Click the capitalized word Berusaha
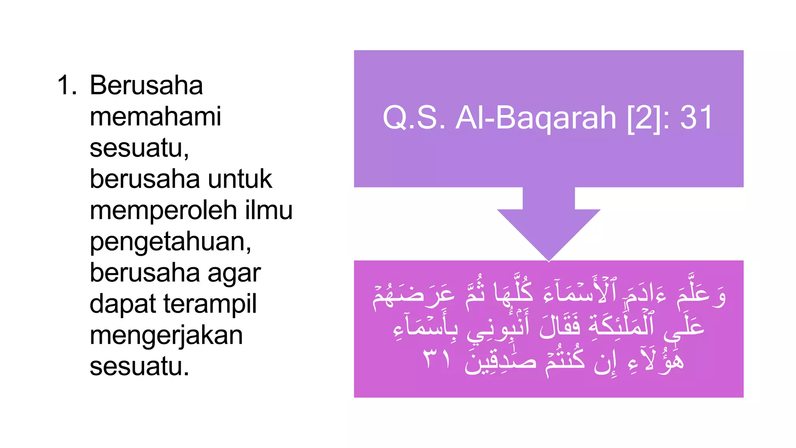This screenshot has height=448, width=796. point(146,85)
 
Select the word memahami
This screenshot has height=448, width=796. point(155,116)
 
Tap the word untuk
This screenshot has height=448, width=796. point(240,179)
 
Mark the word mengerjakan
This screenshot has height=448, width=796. point(166,336)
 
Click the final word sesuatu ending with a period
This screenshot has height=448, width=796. point(139,366)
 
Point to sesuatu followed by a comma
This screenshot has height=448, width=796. point(139,148)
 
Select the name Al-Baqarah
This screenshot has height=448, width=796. point(536,117)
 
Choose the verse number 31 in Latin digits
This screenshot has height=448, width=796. point(696,117)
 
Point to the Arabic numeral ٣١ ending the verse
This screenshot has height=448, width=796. point(437,359)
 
